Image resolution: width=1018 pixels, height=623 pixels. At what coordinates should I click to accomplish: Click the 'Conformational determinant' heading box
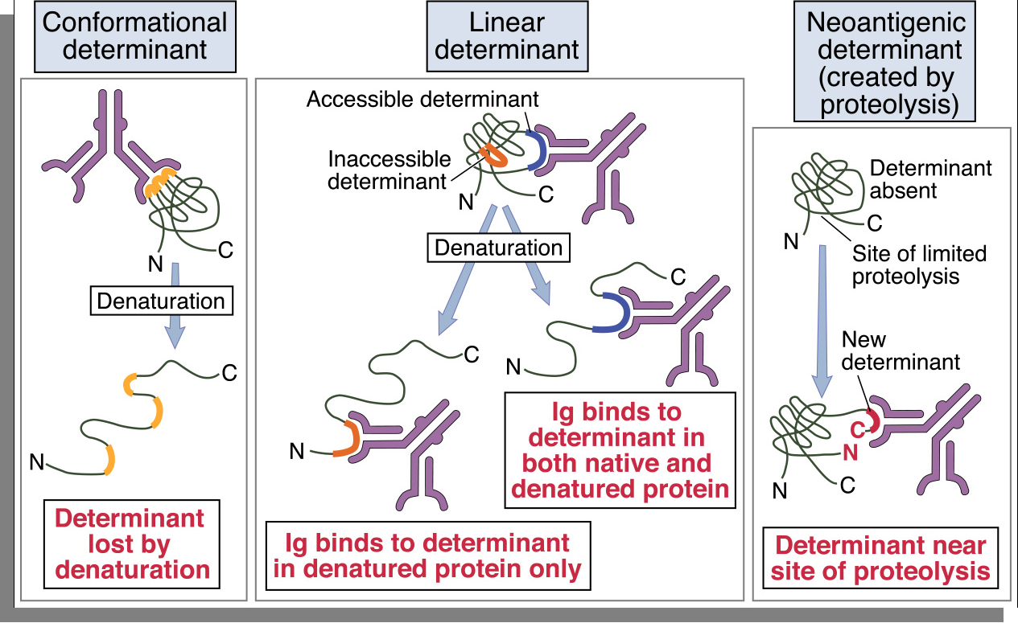[x=135, y=35]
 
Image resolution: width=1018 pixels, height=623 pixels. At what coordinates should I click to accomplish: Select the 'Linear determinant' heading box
[x=506, y=35]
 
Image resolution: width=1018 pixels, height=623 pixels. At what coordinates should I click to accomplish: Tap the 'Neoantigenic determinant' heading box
[x=884, y=63]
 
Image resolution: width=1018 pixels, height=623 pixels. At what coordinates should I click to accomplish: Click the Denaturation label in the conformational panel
[x=161, y=301]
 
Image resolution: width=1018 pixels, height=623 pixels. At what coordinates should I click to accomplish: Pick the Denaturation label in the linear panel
[x=498, y=247]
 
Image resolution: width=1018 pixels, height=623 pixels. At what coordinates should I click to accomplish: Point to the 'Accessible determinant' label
[x=422, y=100]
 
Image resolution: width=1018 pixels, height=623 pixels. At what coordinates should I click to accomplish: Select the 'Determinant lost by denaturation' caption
[x=135, y=544]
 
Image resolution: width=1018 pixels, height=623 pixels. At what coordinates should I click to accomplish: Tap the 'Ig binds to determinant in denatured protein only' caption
[x=427, y=555]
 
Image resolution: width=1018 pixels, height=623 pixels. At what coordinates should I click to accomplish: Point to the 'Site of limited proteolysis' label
[x=919, y=265]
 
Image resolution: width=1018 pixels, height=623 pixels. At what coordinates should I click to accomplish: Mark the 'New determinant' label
[x=901, y=351]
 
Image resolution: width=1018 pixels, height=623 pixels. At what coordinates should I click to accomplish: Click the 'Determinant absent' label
[x=931, y=179]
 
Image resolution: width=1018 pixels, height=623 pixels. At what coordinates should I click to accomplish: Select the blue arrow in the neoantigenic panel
[x=822, y=322]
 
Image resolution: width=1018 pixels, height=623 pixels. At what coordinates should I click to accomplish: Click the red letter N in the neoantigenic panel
[x=850, y=453]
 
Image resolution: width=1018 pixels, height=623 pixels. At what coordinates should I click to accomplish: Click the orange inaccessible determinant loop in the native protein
[x=494, y=156]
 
